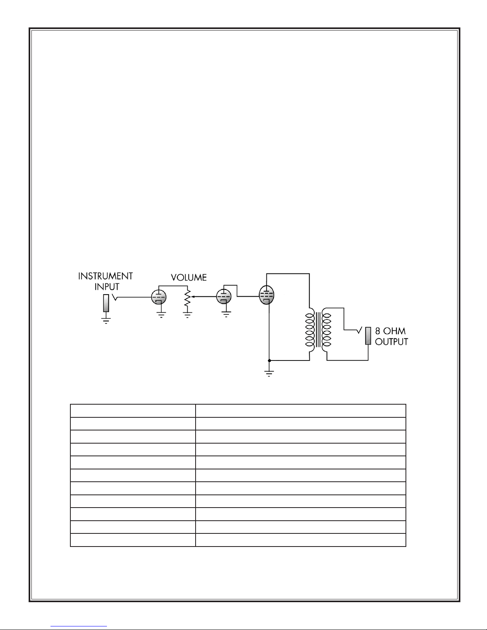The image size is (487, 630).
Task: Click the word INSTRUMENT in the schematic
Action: click(x=105, y=276)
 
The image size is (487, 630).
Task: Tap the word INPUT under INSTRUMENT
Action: click(x=107, y=287)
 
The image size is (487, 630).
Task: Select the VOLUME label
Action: click(x=188, y=277)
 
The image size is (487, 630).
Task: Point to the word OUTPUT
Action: click(x=392, y=341)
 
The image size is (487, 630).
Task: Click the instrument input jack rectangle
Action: click(x=106, y=303)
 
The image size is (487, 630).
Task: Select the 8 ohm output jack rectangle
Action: click(x=368, y=336)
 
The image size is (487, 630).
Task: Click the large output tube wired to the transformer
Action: click(x=266, y=296)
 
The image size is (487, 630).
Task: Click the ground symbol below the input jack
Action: click(x=106, y=320)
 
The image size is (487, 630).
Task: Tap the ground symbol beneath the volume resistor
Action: click(x=187, y=315)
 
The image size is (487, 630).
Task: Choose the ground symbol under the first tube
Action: click(x=161, y=315)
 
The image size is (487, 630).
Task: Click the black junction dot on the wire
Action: click(x=269, y=361)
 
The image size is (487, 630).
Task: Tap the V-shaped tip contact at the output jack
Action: click(x=359, y=330)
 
